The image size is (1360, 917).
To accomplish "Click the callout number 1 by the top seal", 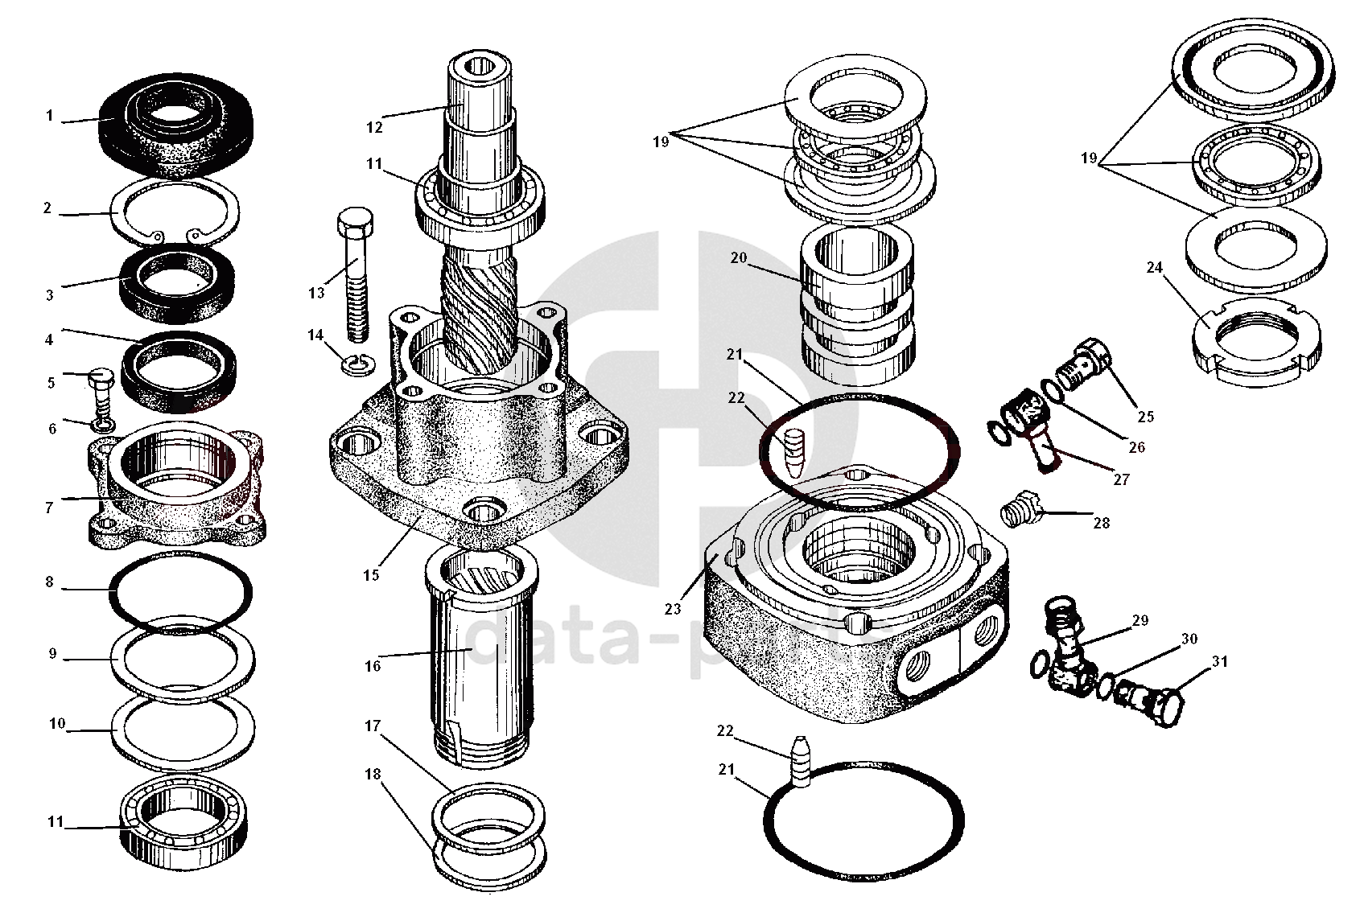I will point(49,116).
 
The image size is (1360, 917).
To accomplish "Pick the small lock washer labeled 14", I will point(355,365).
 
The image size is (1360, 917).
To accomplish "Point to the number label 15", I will point(371,576).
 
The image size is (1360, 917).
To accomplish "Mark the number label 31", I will point(1220,662).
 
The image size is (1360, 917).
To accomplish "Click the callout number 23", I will point(674,609).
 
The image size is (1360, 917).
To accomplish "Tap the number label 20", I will point(739,258).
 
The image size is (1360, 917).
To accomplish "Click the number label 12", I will point(374,126).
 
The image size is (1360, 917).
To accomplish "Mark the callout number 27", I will point(1121,479).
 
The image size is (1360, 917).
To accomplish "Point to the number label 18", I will point(372,775).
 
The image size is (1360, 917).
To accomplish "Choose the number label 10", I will point(56,724).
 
